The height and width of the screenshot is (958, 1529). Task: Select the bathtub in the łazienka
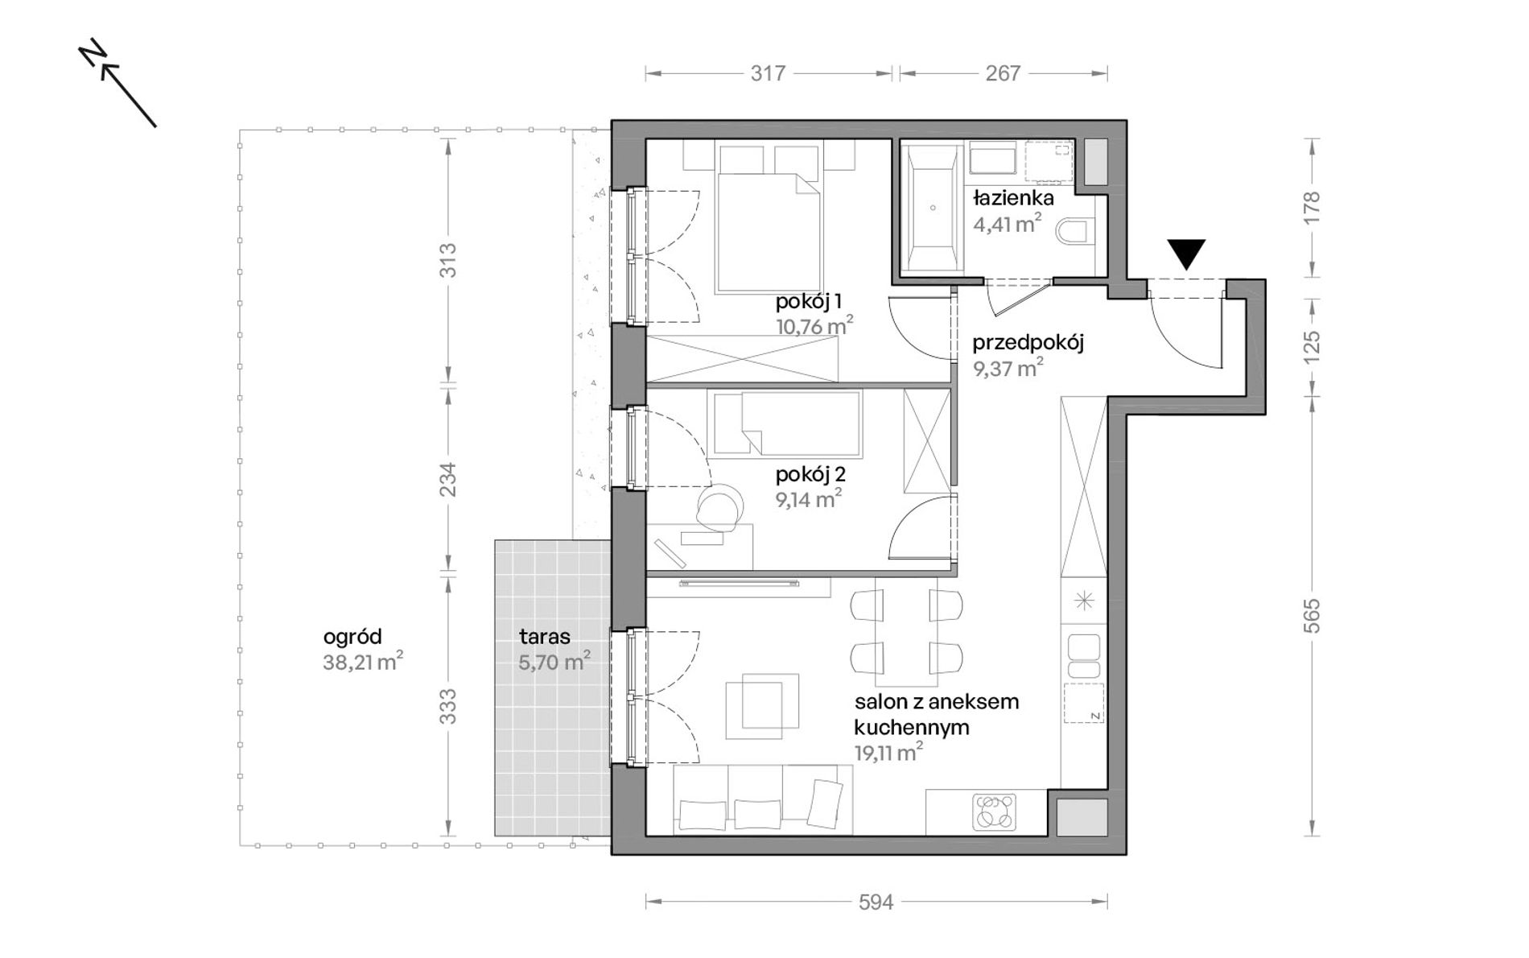point(933,208)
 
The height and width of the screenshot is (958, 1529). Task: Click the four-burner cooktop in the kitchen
point(995,811)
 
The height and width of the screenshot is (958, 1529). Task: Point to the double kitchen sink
point(1083,657)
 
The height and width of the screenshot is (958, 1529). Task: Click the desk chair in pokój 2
point(718,507)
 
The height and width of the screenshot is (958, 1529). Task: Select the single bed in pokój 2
point(785,423)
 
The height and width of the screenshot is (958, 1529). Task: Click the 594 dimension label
point(876,902)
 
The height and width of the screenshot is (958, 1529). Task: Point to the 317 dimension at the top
point(768,73)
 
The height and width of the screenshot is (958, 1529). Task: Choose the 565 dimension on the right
point(1312,616)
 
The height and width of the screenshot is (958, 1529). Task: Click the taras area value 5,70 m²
point(554,663)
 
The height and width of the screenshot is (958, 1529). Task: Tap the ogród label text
point(352,637)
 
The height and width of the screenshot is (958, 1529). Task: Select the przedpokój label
point(1028,343)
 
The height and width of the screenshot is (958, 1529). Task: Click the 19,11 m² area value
point(888,753)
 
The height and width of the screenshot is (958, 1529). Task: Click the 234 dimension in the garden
point(447,479)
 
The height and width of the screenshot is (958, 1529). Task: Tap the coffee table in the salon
point(762,706)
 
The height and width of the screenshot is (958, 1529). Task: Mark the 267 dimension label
point(1003,73)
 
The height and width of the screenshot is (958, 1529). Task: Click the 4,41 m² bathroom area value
point(1007,223)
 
